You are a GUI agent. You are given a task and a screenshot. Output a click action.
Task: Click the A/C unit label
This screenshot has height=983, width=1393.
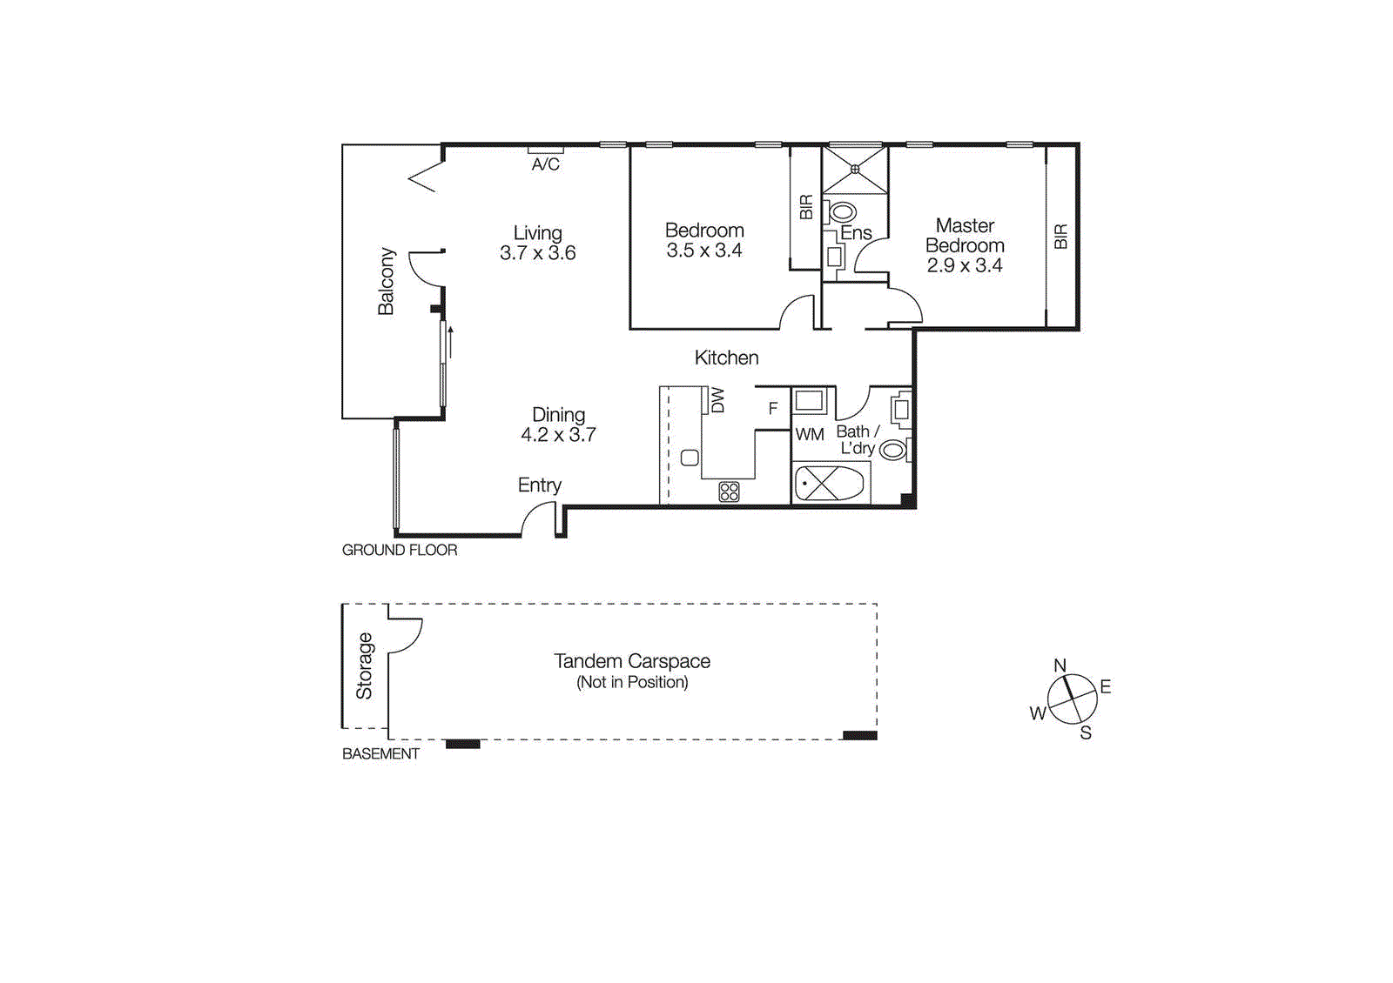click(545, 164)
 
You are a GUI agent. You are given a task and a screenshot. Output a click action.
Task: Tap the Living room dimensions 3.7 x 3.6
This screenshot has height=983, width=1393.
click(538, 253)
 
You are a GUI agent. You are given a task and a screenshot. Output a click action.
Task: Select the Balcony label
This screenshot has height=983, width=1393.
click(387, 282)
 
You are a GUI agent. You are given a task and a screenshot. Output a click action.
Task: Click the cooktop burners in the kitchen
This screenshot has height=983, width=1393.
click(729, 491)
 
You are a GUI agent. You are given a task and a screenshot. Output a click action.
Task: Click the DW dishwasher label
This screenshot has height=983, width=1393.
click(717, 400)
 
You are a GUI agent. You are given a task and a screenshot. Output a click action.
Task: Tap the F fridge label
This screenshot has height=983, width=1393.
click(773, 408)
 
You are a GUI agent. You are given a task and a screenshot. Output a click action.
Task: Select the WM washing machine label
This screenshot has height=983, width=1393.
click(810, 435)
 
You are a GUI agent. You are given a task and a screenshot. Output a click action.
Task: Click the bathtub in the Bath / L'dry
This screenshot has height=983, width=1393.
click(830, 484)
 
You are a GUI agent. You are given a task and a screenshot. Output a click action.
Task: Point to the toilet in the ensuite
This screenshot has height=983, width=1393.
click(841, 212)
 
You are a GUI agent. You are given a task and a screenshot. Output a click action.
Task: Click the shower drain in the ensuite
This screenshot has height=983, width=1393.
click(855, 169)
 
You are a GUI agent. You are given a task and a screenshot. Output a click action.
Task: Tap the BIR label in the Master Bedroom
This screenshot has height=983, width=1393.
click(1061, 236)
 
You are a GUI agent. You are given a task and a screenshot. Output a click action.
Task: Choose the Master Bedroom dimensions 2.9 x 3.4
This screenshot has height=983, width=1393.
click(965, 265)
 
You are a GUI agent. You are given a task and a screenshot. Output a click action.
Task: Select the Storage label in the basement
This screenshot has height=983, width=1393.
click(364, 666)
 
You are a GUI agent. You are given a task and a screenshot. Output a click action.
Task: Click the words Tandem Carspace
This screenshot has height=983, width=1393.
click(632, 661)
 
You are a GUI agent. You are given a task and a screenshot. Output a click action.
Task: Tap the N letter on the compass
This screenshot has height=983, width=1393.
click(1060, 665)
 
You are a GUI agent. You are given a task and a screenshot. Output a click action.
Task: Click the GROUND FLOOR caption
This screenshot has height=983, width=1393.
click(400, 550)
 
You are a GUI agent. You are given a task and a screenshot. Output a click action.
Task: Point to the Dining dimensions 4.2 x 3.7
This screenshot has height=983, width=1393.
click(558, 435)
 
